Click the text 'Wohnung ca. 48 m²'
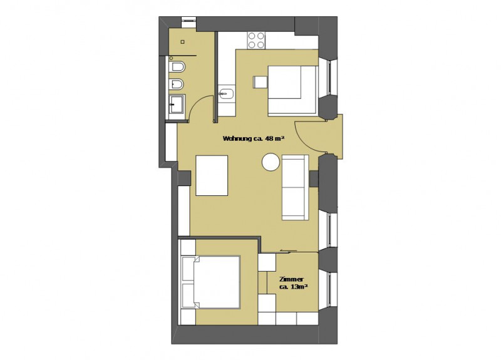[x=254, y=138]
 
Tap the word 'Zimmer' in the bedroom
[x=291, y=279]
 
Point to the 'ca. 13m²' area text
[x=293, y=287]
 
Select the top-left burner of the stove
[x=252, y=36]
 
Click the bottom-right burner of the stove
[x=261, y=44]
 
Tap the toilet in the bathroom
[x=177, y=67]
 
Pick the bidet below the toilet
[x=177, y=85]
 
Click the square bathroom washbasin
[x=175, y=105]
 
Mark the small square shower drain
[x=182, y=41]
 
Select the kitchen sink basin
[x=226, y=93]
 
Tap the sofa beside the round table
[x=295, y=187]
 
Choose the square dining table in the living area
[x=212, y=175]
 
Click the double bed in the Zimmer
[x=211, y=282]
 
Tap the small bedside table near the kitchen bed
[x=261, y=82]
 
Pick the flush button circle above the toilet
[x=171, y=58]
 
